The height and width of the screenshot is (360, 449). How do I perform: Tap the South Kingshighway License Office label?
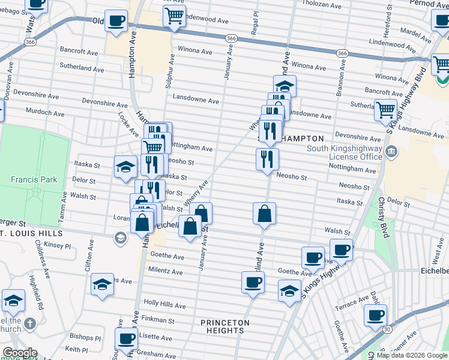pos(344,152)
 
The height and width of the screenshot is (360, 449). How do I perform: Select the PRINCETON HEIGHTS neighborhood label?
pos(225,327)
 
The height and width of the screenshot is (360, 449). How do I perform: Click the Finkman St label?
pos(158,321)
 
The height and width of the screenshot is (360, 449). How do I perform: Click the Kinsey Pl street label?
pos(57,246)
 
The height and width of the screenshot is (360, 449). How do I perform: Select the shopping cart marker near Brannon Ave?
pos(385,109)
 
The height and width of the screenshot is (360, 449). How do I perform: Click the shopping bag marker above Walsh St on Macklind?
pos(264,214)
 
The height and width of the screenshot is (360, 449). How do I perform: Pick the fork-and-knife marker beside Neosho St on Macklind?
pos(267,160)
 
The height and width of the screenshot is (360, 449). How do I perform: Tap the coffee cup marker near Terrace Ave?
pos(376,315)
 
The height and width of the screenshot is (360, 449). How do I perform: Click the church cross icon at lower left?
pos(31,323)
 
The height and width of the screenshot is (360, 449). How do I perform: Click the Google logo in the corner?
pos(19,353)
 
